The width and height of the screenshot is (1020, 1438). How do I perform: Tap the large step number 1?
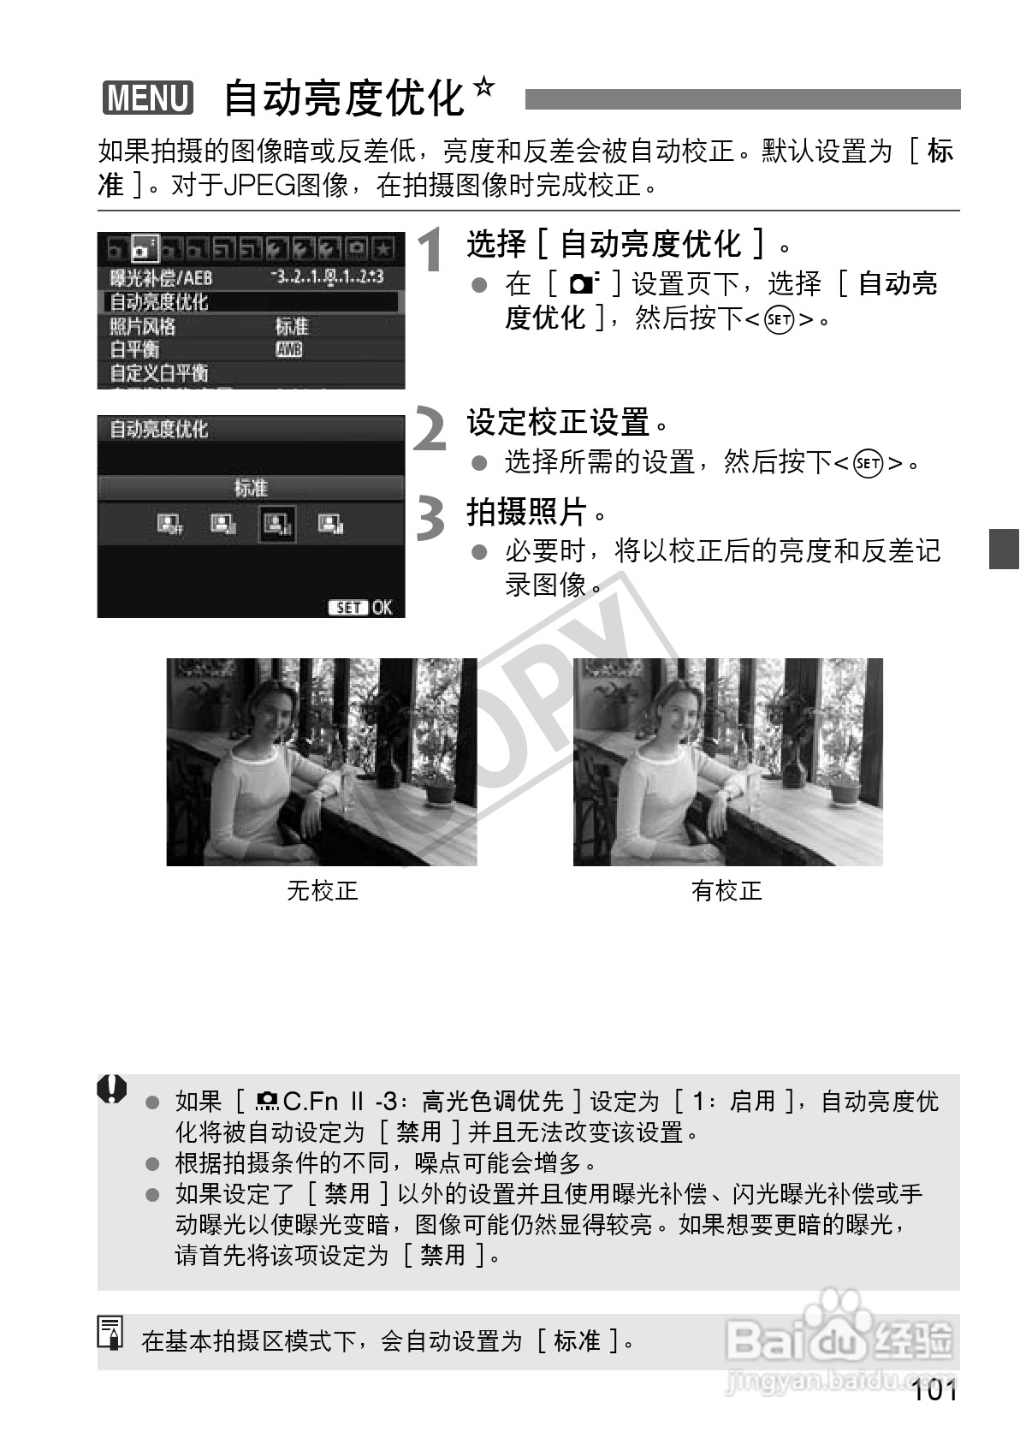pos(432,250)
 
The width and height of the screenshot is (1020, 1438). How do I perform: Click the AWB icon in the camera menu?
pos(288,349)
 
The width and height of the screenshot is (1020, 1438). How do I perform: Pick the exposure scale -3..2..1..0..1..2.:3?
pos(325,277)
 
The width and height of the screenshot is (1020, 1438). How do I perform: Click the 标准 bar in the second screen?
pos(251,488)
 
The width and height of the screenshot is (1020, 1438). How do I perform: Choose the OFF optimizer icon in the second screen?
pos(169,524)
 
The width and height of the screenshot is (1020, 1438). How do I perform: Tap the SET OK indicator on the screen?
pos(359,607)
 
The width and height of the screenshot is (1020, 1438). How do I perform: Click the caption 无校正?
pos(322,891)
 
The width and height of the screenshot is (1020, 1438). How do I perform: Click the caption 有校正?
pos(726,891)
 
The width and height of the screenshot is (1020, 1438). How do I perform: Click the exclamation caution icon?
pos(112,1090)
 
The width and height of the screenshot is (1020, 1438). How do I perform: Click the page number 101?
pos(934,1390)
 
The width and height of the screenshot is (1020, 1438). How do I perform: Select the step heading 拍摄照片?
pos(525,512)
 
